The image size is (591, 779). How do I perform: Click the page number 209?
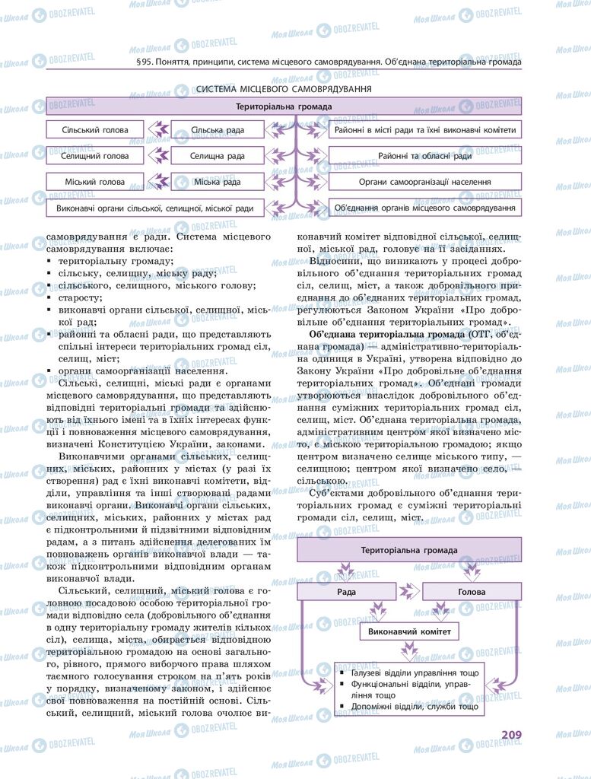pyautogui.click(x=510, y=734)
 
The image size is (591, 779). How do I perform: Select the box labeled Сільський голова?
pyautogui.click(x=96, y=130)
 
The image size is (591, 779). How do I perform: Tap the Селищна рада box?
pyautogui.click(x=218, y=156)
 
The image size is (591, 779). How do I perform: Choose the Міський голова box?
pyautogui.click(x=96, y=182)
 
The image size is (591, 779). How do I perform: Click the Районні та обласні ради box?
pyautogui.click(x=424, y=156)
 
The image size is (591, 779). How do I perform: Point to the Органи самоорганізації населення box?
pyautogui.click(x=424, y=182)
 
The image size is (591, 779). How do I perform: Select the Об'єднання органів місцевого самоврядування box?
pyautogui.click(x=424, y=208)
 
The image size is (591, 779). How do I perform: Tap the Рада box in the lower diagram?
pyautogui.click(x=347, y=591)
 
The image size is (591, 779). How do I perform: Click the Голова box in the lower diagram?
pyautogui.click(x=472, y=591)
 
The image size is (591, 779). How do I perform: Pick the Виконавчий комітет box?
pyautogui.click(x=409, y=632)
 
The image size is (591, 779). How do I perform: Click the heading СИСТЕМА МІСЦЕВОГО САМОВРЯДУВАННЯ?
pyautogui.click(x=284, y=89)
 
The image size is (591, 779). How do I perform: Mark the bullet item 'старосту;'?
pyautogui.click(x=80, y=297)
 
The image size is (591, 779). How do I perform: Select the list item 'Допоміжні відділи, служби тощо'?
pyautogui.click(x=415, y=707)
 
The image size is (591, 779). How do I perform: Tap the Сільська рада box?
pyautogui.click(x=218, y=130)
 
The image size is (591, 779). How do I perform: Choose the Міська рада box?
pyautogui.click(x=218, y=182)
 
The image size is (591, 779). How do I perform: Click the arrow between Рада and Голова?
pyautogui.click(x=409, y=591)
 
